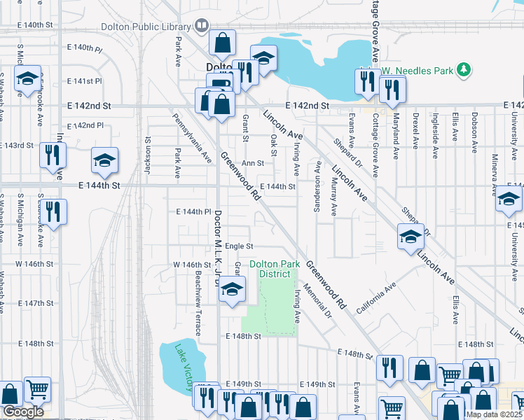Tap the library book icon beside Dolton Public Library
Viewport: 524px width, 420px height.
pos(202,27)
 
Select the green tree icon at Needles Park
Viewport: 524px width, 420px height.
pos(462,69)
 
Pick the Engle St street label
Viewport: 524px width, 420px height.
pos(239,246)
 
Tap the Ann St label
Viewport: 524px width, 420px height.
pos(252,162)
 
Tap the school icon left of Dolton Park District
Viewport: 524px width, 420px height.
pos(233,288)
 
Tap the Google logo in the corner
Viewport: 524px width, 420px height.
pos(22,412)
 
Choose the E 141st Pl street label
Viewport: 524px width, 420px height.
pos(85,81)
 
